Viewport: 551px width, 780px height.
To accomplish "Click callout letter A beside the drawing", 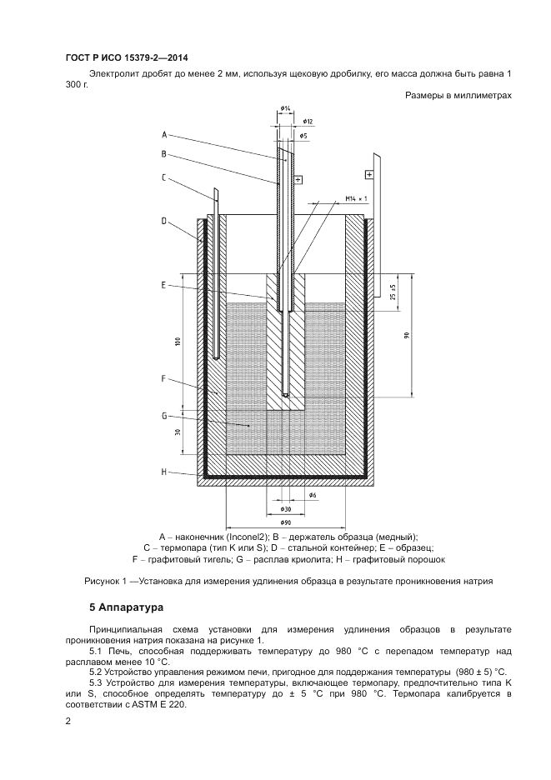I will (165, 135).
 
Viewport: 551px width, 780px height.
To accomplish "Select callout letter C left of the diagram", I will (165, 176).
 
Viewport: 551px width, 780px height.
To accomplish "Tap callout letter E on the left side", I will (165, 285).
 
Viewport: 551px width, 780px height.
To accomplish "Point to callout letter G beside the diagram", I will (165, 414).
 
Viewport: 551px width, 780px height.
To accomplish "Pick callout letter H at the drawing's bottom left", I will (165, 472).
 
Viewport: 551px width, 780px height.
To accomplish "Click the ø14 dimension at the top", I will (285, 108).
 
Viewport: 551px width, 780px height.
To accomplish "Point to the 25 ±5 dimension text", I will (393, 292).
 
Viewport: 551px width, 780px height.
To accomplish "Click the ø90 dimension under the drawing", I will (285, 522).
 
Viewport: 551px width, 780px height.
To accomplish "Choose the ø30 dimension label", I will (285, 508).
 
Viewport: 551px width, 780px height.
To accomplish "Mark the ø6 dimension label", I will (313, 495).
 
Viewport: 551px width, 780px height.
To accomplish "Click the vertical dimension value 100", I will (178, 342).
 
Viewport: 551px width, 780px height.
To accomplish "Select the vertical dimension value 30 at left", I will (178, 432).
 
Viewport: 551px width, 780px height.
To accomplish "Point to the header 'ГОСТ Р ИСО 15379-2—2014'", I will (126, 57).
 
